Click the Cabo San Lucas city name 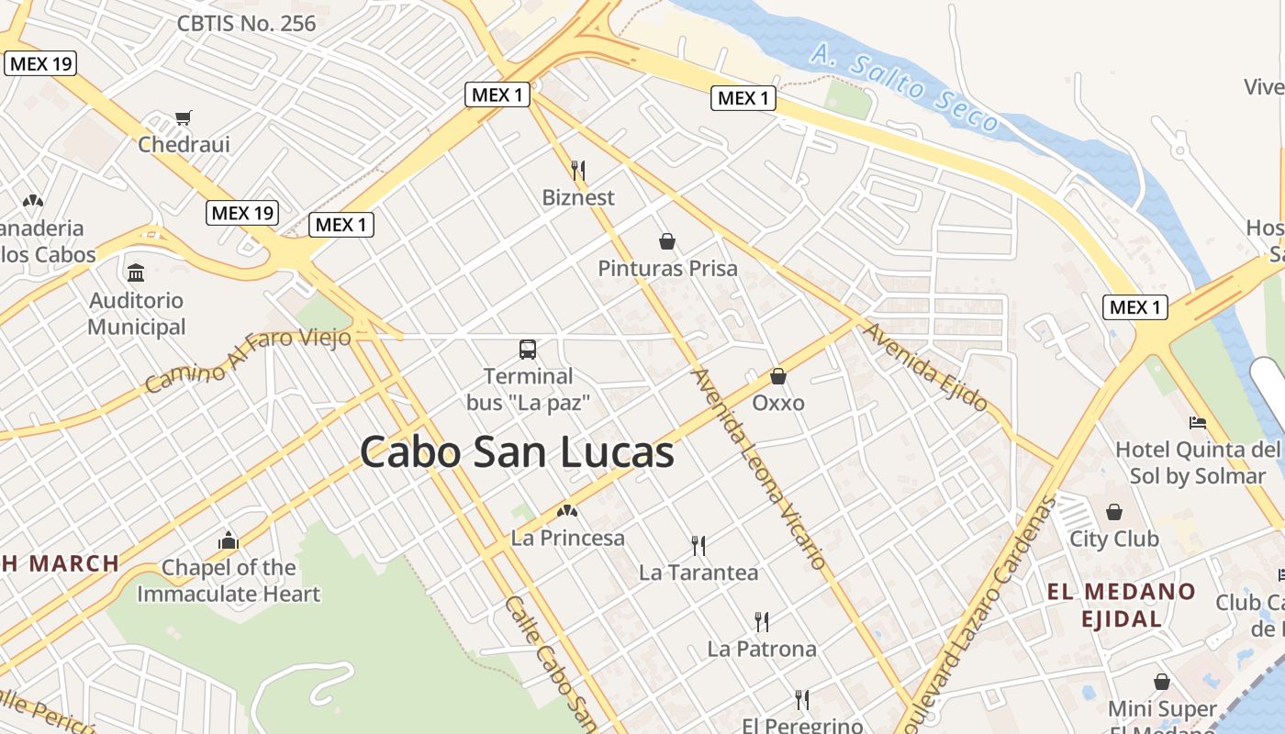point(517,452)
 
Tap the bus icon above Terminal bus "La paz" point(528,349)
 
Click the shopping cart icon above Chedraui point(184,117)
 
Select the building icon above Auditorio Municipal point(137,272)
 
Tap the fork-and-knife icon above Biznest point(578,170)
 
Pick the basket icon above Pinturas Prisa point(667,241)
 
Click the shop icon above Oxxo point(778,376)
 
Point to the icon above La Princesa point(567,511)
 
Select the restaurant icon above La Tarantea point(698,546)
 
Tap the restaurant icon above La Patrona point(761,622)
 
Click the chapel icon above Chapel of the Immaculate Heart point(229,541)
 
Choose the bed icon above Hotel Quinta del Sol point(1197,423)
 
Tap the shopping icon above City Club point(1114,512)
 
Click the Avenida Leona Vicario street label point(759,468)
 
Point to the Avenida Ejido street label point(926,366)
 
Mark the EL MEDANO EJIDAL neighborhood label point(1122,605)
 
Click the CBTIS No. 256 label point(246,24)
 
